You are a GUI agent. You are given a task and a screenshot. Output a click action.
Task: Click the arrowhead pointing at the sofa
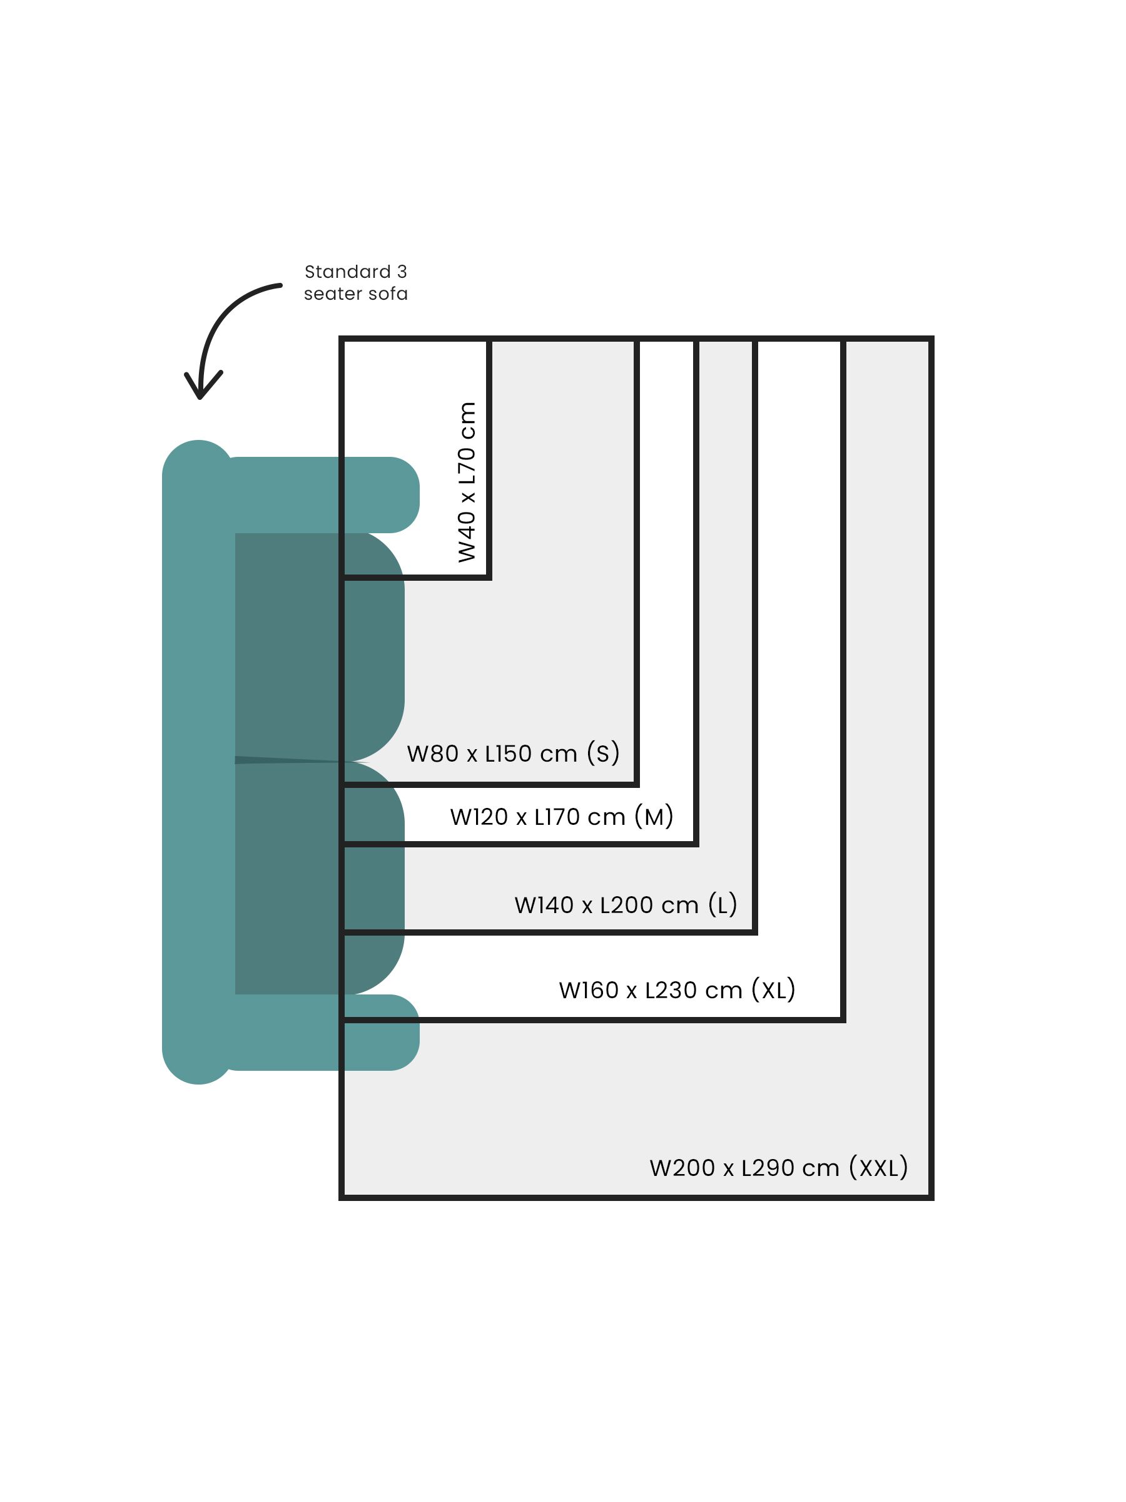(200, 391)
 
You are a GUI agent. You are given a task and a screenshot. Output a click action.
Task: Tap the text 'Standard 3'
(355, 272)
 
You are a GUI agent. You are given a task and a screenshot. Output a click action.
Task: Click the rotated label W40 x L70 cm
(467, 481)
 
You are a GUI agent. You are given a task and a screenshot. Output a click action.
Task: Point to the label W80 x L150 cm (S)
(512, 753)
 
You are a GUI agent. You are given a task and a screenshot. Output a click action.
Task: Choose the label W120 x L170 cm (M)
(560, 816)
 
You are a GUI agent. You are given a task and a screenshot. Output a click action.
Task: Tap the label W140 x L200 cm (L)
(625, 904)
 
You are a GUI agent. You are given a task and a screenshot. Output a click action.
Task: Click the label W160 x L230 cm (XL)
(677, 990)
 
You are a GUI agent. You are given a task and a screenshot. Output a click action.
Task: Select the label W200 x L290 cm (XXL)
(778, 1167)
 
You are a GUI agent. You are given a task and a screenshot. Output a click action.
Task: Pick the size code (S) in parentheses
(602, 753)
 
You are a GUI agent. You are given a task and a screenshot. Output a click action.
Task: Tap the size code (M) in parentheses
(654, 816)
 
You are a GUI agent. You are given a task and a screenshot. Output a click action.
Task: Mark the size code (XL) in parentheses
(773, 990)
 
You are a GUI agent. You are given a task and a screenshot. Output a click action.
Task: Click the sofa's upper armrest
(319, 494)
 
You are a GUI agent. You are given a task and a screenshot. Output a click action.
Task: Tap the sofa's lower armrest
(319, 1032)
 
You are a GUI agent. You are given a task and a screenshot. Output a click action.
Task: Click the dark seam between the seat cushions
(285, 760)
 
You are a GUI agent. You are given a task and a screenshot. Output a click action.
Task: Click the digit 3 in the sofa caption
(402, 272)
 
